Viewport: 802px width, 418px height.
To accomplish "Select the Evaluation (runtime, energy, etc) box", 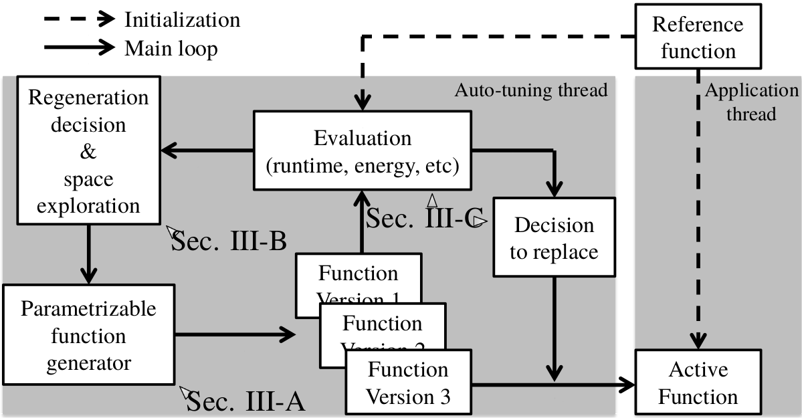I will [363, 151].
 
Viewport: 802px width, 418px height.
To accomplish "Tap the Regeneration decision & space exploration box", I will [88, 151].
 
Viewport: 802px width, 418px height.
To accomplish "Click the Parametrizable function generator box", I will [88, 336].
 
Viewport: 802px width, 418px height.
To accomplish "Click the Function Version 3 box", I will [408, 383].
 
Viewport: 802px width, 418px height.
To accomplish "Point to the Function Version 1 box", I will [359, 274].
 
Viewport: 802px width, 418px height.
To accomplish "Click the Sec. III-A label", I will [245, 402].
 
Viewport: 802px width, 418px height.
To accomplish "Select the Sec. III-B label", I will [229, 241].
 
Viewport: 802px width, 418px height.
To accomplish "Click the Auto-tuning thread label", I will [531, 90].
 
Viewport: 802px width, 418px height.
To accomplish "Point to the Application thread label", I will [752, 102].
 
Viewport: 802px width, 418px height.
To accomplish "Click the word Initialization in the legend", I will [182, 19].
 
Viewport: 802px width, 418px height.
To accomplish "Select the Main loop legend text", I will [171, 48].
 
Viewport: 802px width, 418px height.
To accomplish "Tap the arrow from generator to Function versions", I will [234, 334].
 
